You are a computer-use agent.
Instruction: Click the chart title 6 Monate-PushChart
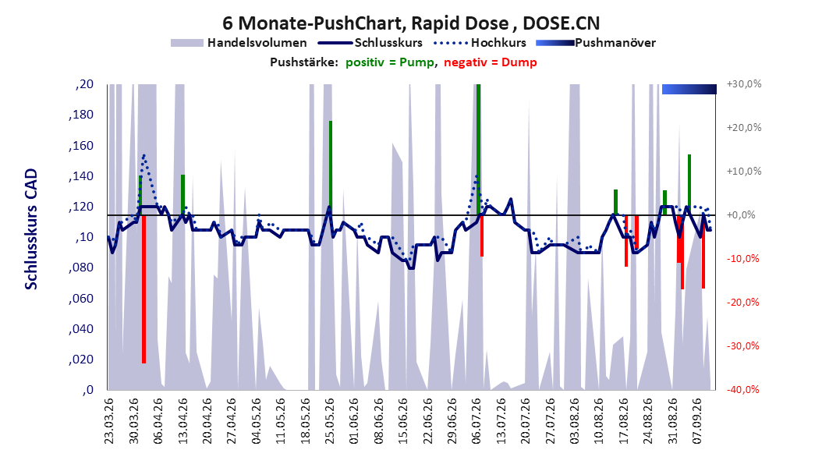[x=313, y=23]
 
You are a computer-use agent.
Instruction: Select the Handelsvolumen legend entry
[x=239, y=43]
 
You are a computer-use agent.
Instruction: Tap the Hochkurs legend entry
[x=480, y=43]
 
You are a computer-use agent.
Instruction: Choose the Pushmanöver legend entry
[x=596, y=43]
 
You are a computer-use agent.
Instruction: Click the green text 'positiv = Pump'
[x=390, y=62]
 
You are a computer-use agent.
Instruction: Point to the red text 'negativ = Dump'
[x=491, y=62]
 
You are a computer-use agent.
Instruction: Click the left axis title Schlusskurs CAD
[x=31, y=229]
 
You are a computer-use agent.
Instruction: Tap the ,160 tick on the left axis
[x=81, y=145]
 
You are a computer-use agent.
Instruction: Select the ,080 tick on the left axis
[x=81, y=267]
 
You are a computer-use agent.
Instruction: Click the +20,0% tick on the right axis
[x=744, y=128]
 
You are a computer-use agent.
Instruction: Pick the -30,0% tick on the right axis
[x=744, y=346]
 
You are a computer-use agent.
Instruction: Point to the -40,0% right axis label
[x=744, y=389]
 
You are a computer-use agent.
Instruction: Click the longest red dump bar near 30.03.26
[x=143, y=289]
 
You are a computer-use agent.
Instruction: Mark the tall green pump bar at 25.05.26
[x=331, y=168]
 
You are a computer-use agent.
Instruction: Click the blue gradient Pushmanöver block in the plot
[x=689, y=89]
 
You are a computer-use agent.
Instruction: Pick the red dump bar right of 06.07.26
[x=482, y=236]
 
